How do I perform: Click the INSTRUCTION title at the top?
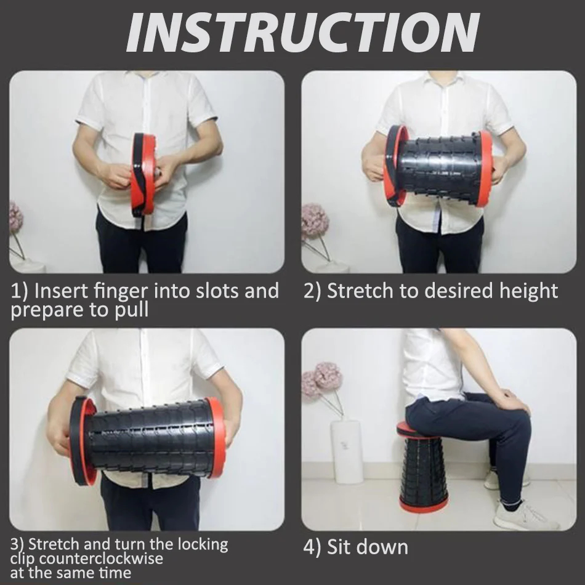pos(303,33)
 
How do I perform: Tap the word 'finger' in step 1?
pos(122,291)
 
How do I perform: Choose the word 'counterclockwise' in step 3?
pos(101,559)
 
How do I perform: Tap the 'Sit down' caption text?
pos(367,547)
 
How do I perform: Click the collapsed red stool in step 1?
pos(143,174)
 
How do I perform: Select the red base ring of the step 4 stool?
pos(419,506)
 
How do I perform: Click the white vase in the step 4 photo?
pos(346,451)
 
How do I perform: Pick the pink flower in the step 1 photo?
pos(15,217)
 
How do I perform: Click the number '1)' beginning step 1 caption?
pos(18,291)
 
